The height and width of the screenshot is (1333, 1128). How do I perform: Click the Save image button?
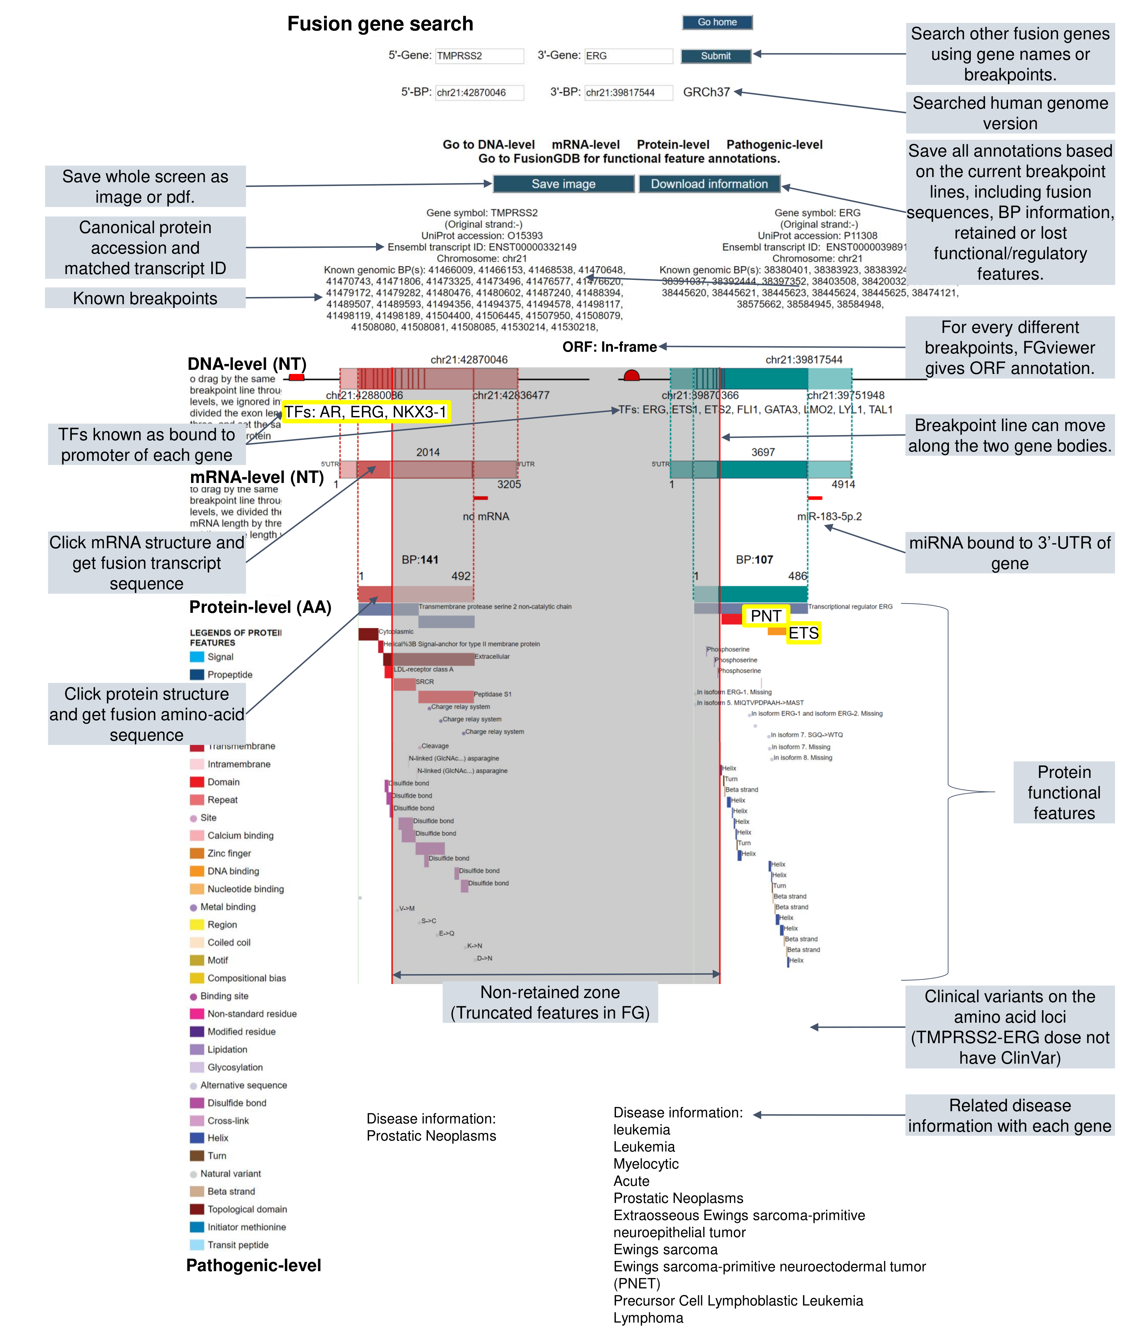click(563, 184)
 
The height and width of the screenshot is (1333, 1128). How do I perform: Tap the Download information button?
click(709, 184)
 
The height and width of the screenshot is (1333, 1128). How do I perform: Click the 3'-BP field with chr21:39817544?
click(628, 93)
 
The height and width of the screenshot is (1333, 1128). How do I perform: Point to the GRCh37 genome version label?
click(706, 92)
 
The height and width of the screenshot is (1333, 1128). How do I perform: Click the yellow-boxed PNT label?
click(765, 616)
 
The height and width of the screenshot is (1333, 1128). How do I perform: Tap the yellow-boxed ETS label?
click(803, 633)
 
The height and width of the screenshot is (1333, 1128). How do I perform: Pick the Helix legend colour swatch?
click(197, 1137)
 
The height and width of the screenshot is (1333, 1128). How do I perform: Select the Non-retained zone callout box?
click(550, 1002)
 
